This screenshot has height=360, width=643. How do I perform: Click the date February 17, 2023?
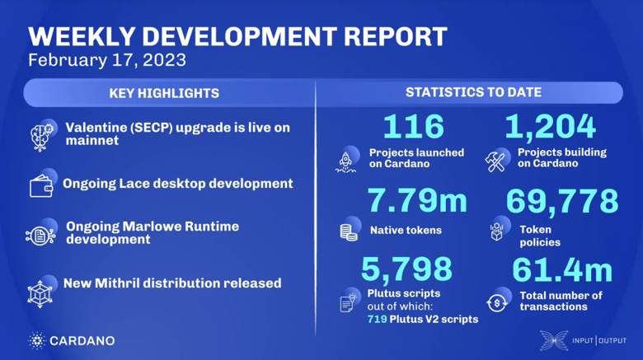[x=106, y=60]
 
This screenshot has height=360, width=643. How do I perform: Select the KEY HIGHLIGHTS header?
[x=164, y=93]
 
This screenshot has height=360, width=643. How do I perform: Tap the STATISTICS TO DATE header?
[x=473, y=93]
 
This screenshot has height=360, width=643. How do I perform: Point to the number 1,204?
[x=549, y=127]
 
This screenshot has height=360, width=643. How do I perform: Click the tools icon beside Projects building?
[x=497, y=158]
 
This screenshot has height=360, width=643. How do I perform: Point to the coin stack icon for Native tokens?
[x=348, y=231]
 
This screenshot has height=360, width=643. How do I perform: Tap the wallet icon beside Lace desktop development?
[x=41, y=185]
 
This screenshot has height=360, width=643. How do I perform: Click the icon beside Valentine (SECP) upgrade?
[x=42, y=135]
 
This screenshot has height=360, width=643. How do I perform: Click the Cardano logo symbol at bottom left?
[x=36, y=340]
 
